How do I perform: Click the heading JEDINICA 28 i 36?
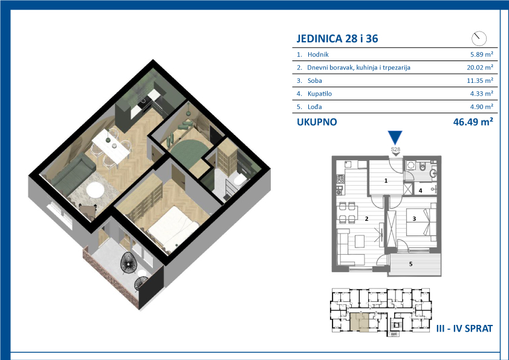(337, 39)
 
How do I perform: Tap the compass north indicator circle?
(479, 39)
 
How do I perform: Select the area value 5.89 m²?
(482, 54)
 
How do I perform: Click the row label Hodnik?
(318, 54)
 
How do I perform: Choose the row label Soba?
(314, 80)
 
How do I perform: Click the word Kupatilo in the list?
(320, 94)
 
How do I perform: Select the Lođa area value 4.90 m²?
(482, 106)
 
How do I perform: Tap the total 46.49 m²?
(473, 122)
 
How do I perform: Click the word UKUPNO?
(317, 122)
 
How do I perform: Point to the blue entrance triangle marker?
(395, 137)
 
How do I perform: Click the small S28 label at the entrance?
(395, 149)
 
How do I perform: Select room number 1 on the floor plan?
(386, 181)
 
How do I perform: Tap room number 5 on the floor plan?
(410, 264)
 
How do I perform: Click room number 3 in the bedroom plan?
(414, 219)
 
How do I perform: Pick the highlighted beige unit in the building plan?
(360, 322)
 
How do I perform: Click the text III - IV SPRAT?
(464, 329)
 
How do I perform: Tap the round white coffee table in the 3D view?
(95, 189)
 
